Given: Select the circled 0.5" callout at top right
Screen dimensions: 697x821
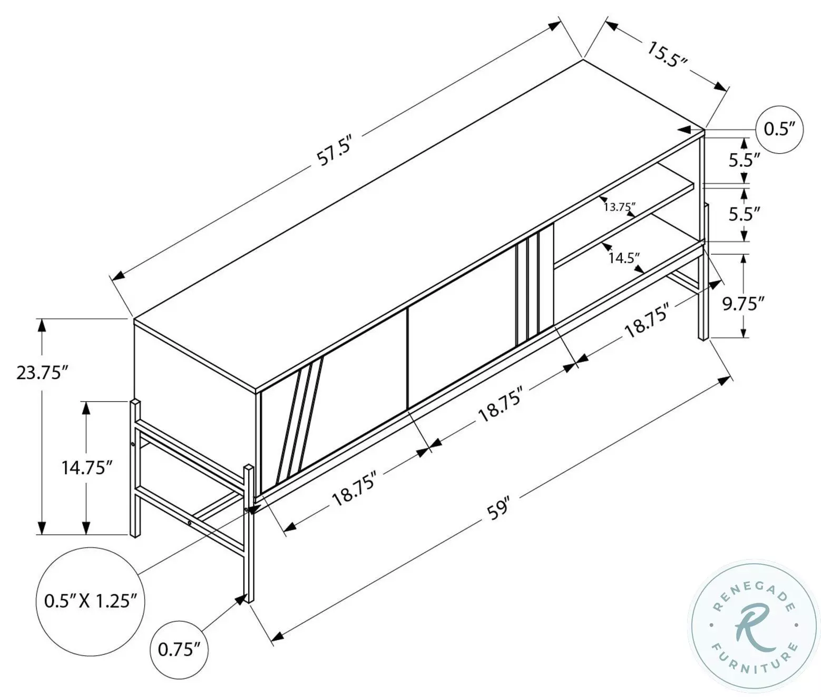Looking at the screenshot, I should tap(779, 129).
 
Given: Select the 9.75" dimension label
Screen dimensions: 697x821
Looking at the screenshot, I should tap(743, 304).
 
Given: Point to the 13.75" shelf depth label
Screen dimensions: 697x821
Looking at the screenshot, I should tap(620, 207).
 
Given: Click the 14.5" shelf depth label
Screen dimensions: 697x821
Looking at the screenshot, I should tap(624, 258).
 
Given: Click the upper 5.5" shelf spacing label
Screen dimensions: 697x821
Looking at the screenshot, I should tap(744, 160).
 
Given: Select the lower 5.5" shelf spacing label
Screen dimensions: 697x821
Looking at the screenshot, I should tap(744, 214).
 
